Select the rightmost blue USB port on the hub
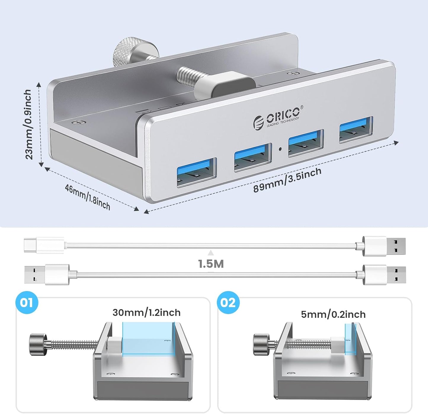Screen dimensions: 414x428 tap(356, 129)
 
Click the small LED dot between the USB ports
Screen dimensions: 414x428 tap(280, 149)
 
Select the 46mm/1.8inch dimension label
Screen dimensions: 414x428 tap(88, 197)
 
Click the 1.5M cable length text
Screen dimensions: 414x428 tap(211, 264)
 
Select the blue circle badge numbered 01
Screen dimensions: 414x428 tap(27, 303)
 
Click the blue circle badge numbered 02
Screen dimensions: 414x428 tap(228, 303)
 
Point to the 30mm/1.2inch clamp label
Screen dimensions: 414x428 tap(146, 312)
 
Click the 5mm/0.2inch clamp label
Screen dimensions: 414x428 tap(333, 314)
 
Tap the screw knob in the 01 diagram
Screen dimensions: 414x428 tap(38, 344)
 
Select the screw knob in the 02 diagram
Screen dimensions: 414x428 tap(262, 344)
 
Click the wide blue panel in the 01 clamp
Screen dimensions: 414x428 tap(148, 338)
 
